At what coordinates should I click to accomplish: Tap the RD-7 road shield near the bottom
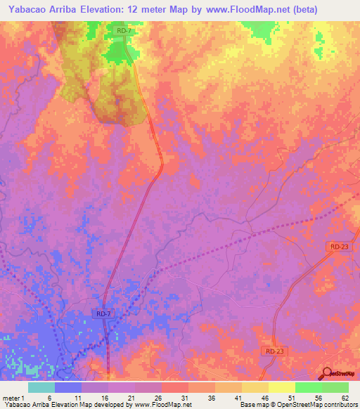tap(103, 313)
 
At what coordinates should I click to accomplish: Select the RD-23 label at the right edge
tap(339, 247)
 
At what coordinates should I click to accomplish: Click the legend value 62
tap(345, 397)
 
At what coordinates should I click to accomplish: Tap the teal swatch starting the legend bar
tap(41, 387)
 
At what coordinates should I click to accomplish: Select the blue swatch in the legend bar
tap(68, 387)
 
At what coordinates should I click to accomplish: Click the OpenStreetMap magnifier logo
tap(328, 372)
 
